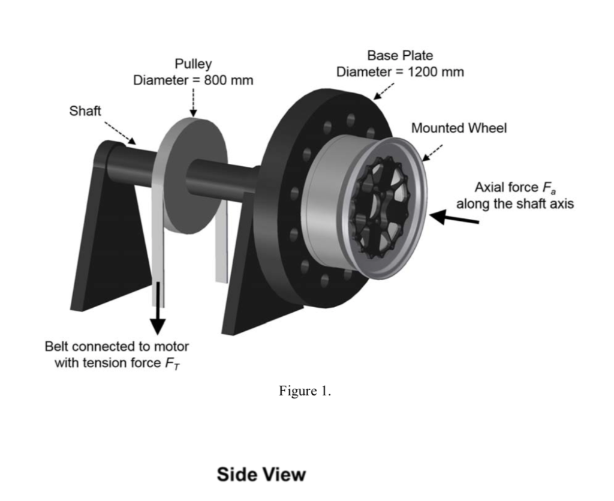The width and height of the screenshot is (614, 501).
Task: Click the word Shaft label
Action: pyautogui.click(x=86, y=111)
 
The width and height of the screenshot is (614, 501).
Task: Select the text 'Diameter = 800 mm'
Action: pyautogui.click(x=192, y=80)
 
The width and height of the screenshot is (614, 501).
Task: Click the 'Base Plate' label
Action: pyautogui.click(x=400, y=56)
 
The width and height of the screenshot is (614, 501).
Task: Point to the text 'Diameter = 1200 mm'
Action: pyautogui.click(x=400, y=72)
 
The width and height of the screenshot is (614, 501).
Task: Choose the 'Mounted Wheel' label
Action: pyautogui.click(x=459, y=128)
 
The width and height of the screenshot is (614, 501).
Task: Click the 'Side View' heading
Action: pyautogui.click(x=261, y=475)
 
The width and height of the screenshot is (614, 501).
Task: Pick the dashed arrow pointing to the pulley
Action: pyautogui.click(x=192, y=102)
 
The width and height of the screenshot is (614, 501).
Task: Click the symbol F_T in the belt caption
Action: pyautogui.click(x=170, y=363)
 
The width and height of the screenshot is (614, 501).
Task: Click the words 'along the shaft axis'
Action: pyautogui.click(x=514, y=203)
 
